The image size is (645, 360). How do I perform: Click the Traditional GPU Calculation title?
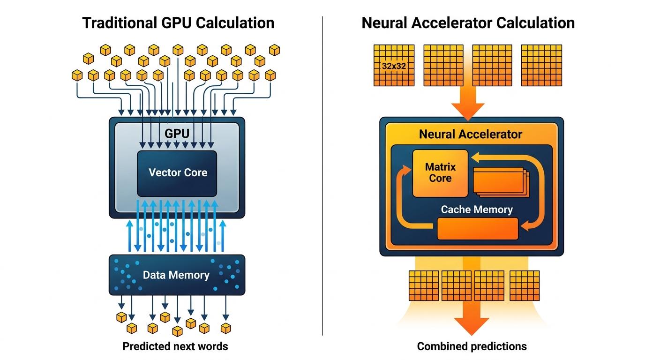click(x=178, y=22)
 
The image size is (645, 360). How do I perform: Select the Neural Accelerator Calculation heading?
click(x=468, y=22)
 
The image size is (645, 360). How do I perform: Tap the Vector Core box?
click(x=177, y=173)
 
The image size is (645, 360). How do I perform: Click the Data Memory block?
click(x=177, y=275)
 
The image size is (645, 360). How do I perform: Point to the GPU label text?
click(x=177, y=134)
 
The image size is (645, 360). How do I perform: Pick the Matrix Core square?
click(x=440, y=173)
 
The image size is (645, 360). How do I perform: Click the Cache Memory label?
click(x=477, y=210)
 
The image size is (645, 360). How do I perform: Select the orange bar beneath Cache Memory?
click(x=478, y=229)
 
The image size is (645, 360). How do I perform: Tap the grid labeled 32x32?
click(x=394, y=66)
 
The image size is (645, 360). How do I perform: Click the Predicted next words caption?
click(x=175, y=347)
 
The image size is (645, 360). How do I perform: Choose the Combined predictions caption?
click(x=472, y=347)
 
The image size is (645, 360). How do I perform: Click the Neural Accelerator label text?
click(x=470, y=135)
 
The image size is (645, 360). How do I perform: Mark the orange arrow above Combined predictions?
click(x=471, y=319)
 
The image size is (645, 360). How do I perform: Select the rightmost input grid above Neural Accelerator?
click(x=541, y=66)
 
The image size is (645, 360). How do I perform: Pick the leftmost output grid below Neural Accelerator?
click(x=423, y=285)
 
